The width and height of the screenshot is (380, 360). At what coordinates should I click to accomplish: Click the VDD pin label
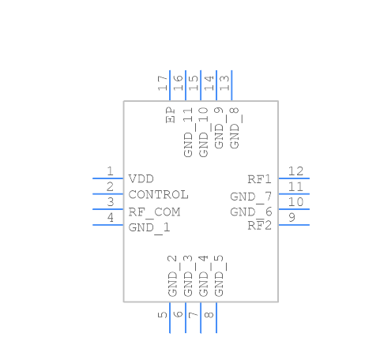(x=141, y=179)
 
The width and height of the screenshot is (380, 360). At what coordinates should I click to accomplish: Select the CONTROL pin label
(x=158, y=195)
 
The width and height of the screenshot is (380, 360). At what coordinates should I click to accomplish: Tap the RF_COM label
(x=154, y=212)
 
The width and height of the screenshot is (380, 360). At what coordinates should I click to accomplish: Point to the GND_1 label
(x=149, y=227)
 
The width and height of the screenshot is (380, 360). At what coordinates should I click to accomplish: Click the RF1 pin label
(x=259, y=179)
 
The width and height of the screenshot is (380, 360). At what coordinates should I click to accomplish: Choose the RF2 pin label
(x=259, y=226)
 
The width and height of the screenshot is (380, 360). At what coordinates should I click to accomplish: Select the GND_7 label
(x=251, y=196)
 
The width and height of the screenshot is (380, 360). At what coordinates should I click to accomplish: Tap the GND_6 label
(x=251, y=212)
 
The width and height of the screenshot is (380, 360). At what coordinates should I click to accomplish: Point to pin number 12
(x=296, y=171)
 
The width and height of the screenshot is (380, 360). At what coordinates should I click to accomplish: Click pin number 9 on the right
(x=292, y=218)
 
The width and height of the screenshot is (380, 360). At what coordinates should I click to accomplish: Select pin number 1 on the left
(x=111, y=171)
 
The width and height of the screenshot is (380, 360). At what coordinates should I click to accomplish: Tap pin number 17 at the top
(x=163, y=83)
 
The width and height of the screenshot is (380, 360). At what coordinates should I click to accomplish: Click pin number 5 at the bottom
(x=163, y=315)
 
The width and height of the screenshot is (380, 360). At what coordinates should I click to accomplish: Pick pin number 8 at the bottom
(x=209, y=315)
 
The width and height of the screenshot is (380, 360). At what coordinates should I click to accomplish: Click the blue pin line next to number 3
(x=108, y=209)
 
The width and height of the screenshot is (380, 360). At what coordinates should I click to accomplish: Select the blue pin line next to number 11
(x=294, y=193)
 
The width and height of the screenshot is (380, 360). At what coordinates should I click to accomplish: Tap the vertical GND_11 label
(x=188, y=132)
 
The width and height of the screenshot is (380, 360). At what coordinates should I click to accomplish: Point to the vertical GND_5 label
(x=219, y=275)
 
